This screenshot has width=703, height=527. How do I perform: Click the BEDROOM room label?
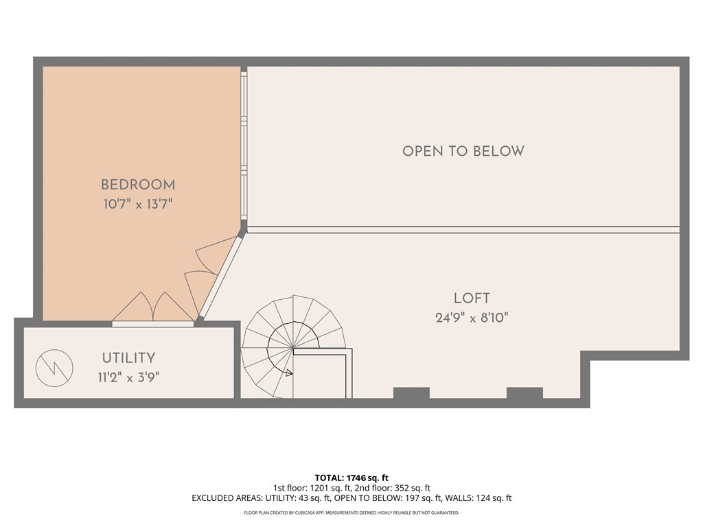(x=138, y=185)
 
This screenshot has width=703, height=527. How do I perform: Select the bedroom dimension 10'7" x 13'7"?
(x=138, y=204)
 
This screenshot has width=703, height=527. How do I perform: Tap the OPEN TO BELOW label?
(x=463, y=151)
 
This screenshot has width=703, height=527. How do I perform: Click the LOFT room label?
(x=472, y=298)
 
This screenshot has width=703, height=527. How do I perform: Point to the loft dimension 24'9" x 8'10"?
(x=472, y=317)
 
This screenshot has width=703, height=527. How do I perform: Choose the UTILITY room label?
(x=128, y=358)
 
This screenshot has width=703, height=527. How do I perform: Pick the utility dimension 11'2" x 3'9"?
(x=128, y=376)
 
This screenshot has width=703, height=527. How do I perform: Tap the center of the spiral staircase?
(x=293, y=348)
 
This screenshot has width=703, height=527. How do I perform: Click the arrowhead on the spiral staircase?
(x=290, y=373)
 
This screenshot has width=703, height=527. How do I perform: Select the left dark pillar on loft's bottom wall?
(x=411, y=393)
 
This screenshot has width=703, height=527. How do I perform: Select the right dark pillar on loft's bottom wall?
(x=525, y=393)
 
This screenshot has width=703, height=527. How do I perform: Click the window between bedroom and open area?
(x=244, y=144)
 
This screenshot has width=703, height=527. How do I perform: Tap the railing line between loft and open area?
(x=463, y=230)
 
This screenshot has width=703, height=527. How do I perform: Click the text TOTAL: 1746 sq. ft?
(x=351, y=478)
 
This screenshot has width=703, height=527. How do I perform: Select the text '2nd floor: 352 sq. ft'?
(x=399, y=488)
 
